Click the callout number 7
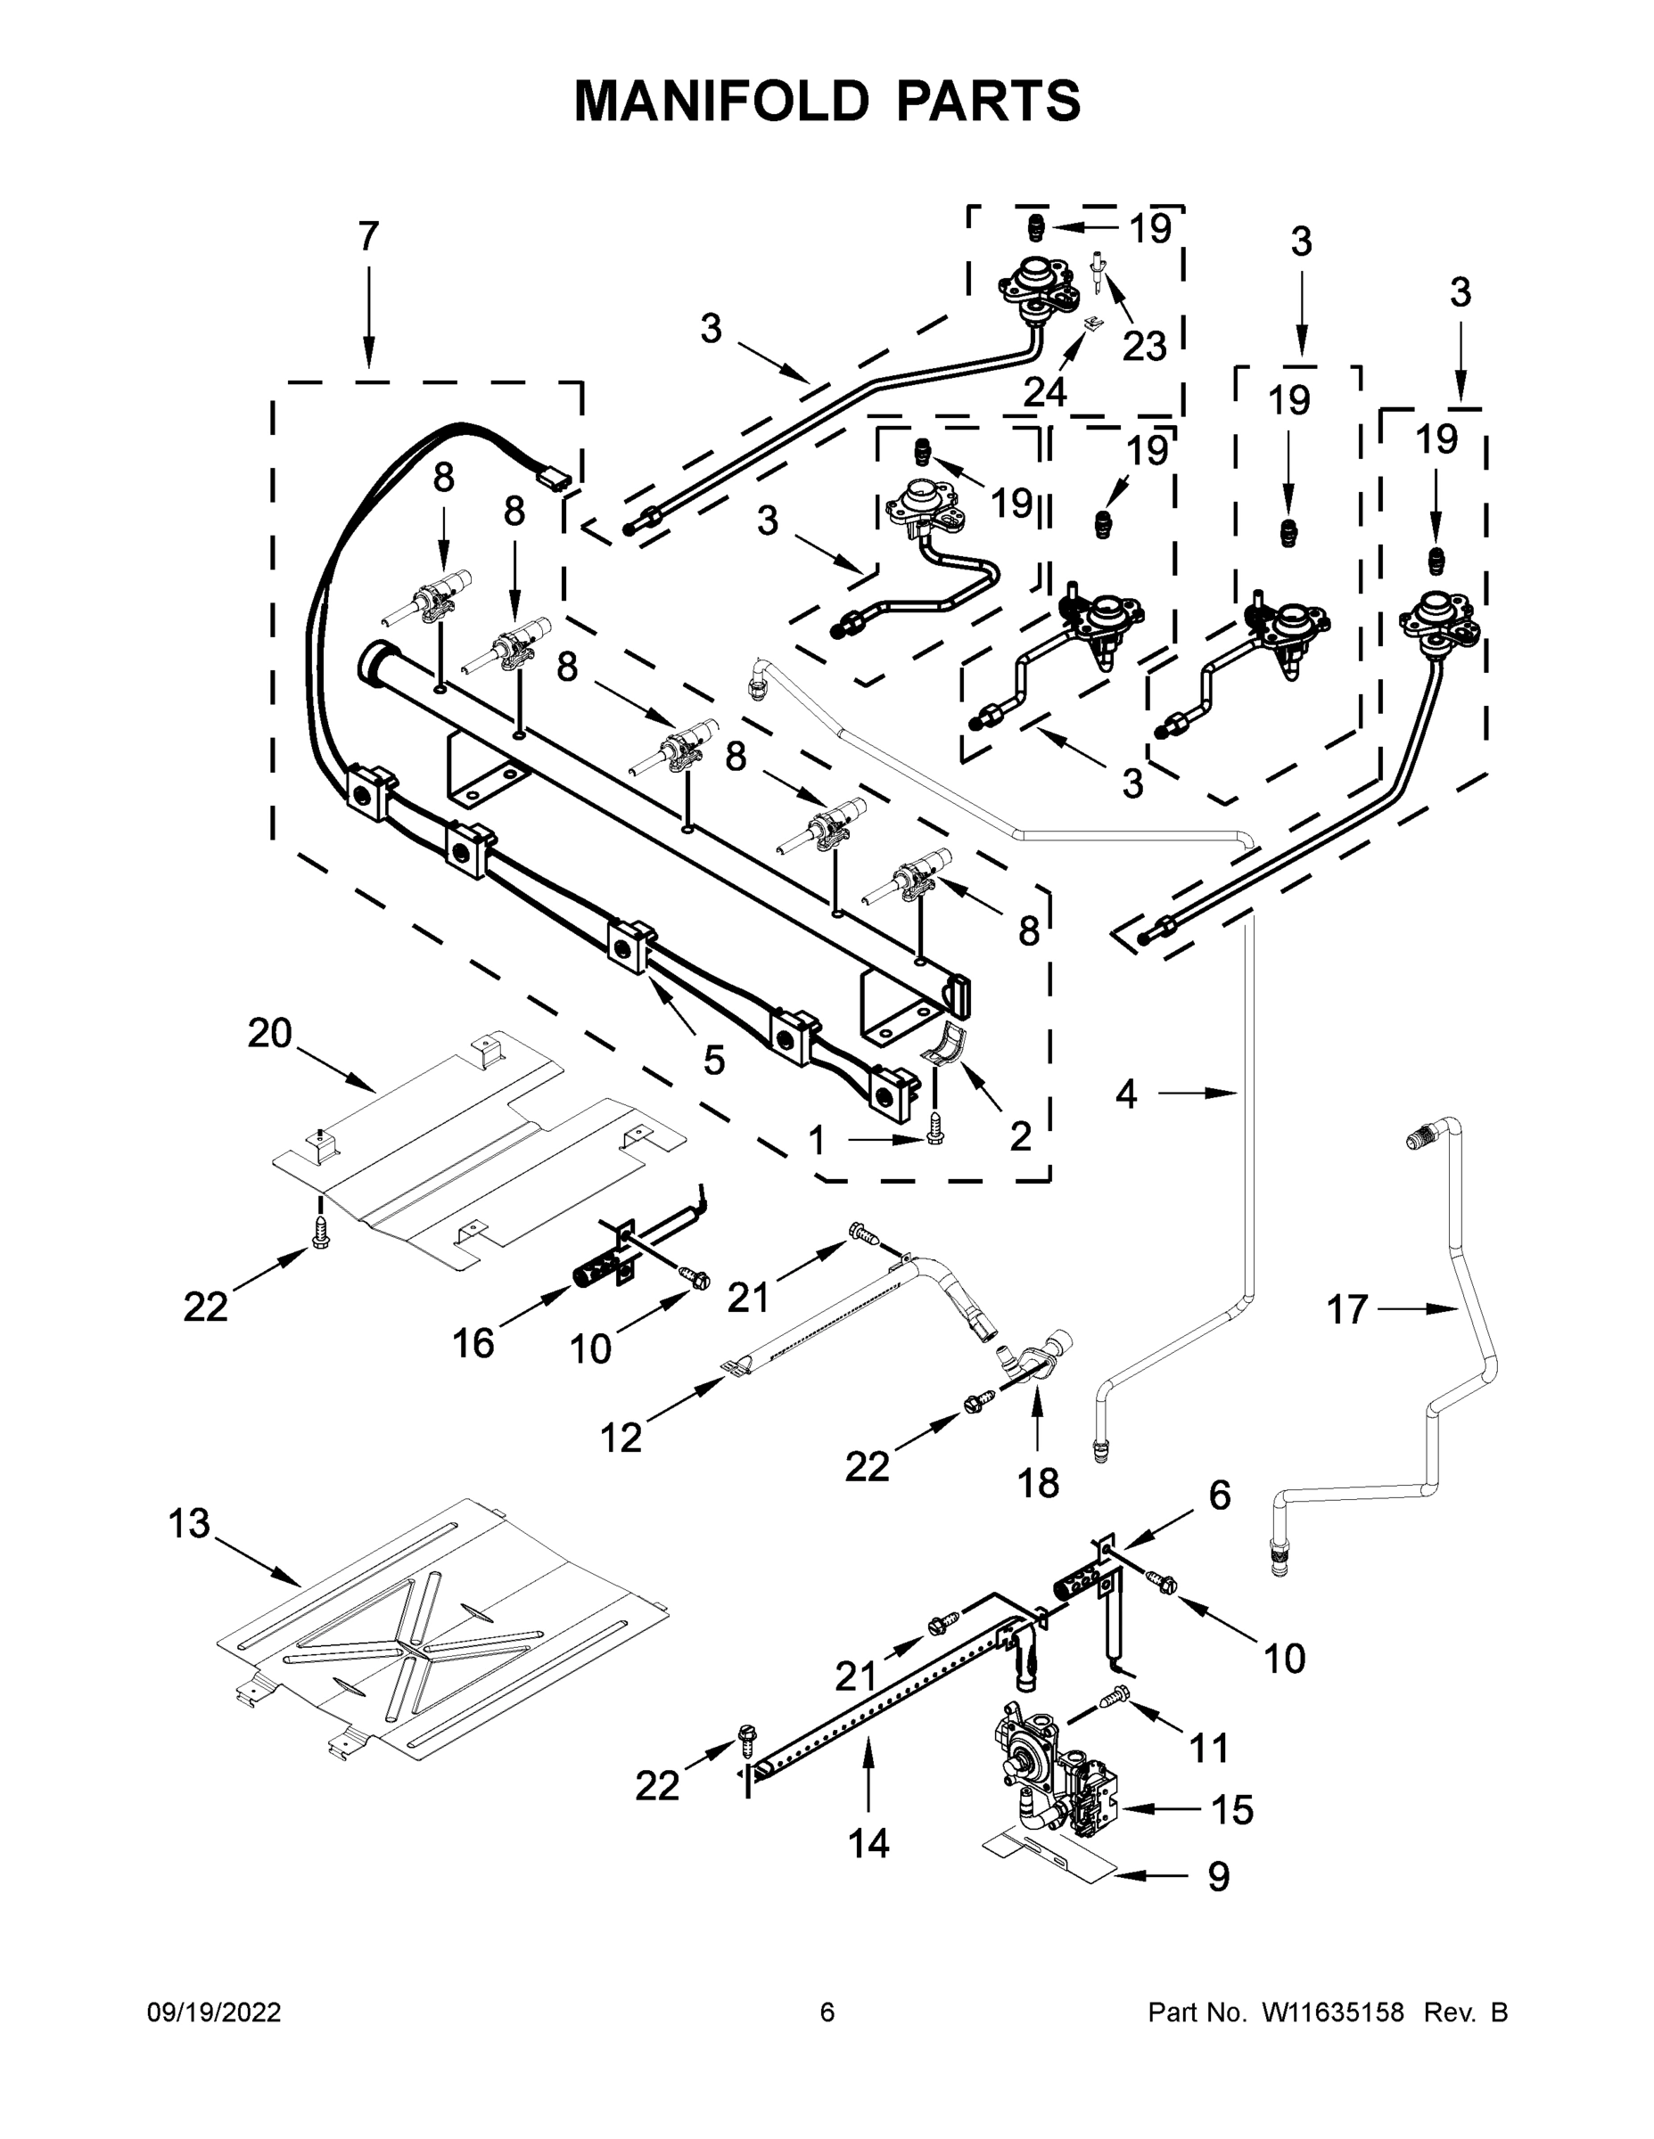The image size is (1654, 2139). (x=367, y=237)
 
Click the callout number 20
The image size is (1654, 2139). (x=269, y=1033)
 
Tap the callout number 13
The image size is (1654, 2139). (x=189, y=1523)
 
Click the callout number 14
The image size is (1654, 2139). (x=868, y=1843)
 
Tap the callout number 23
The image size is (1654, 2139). (x=1143, y=346)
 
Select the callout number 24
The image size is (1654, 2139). (x=1044, y=392)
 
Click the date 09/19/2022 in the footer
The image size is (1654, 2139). (x=214, y=2012)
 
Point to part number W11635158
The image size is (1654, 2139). (x=1333, y=2012)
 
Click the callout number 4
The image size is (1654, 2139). (x=1127, y=1094)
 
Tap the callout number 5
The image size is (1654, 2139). (x=713, y=1060)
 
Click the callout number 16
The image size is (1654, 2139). (x=473, y=1344)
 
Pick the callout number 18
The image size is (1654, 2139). (x=1039, y=1483)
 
